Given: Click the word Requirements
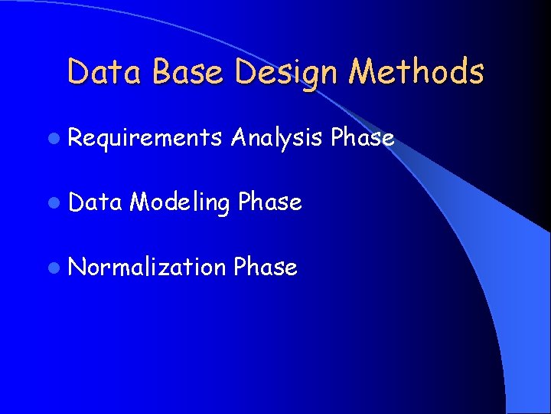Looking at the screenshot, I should tap(145, 139).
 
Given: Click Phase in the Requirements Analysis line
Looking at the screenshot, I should tap(363, 138).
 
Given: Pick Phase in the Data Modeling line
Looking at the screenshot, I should tap(269, 202).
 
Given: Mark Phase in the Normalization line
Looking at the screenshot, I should tap(265, 267).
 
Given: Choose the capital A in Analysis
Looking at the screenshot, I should tap(239, 138).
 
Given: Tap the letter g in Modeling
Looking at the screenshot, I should tap(222, 206).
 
